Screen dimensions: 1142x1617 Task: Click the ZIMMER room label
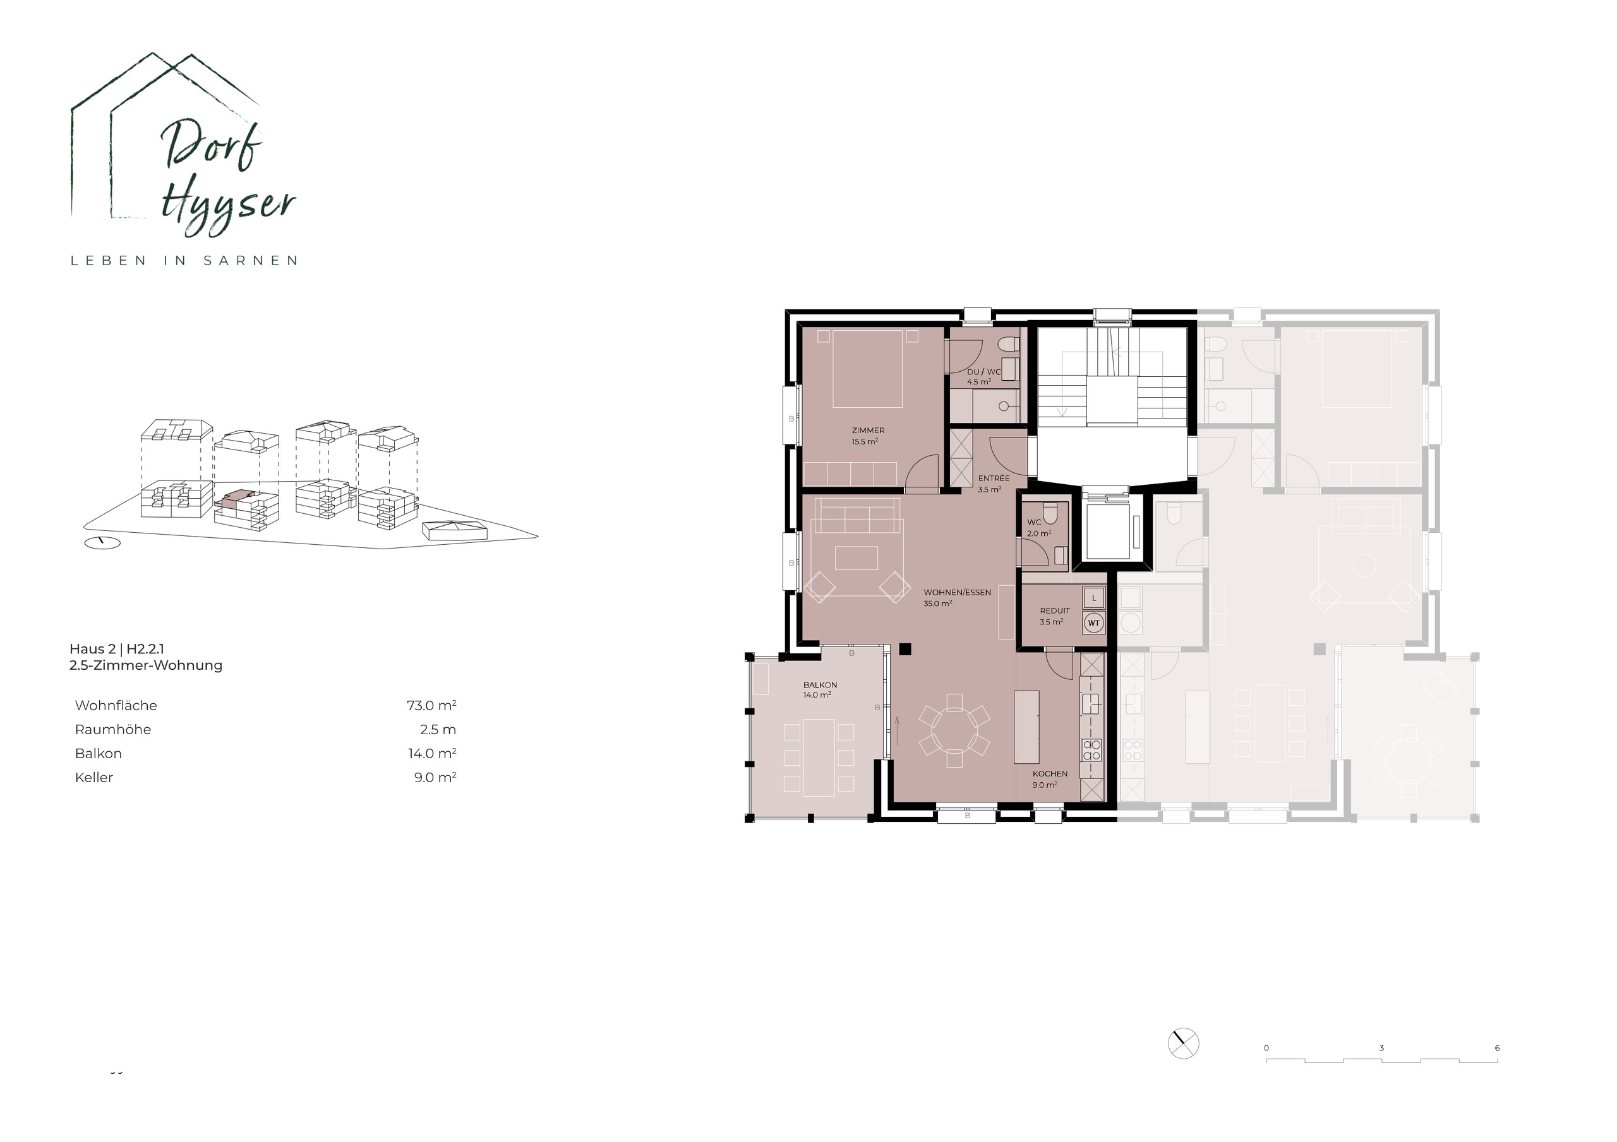(x=868, y=430)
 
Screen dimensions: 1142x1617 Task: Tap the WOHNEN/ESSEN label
(x=957, y=592)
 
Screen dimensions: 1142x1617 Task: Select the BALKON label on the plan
(x=820, y=684)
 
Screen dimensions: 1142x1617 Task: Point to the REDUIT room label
(x=1054, y=610)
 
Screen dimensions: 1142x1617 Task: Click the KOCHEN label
(x=1049, y=773)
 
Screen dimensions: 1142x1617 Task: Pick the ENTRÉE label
(x=993, y=478)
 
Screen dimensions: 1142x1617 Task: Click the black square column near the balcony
(x=905, y=649)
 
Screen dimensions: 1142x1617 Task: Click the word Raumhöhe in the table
(x=112, y=729)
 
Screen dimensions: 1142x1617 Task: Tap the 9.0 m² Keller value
(x=435, y=777)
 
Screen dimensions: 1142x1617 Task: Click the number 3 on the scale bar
(x=1381, y=1049)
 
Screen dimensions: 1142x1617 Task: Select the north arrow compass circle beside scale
(x=1183, y=1043)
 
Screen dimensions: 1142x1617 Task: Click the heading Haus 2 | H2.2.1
(x=116, y=648)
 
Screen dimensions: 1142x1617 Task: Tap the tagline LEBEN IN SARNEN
(x=184, y=261)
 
